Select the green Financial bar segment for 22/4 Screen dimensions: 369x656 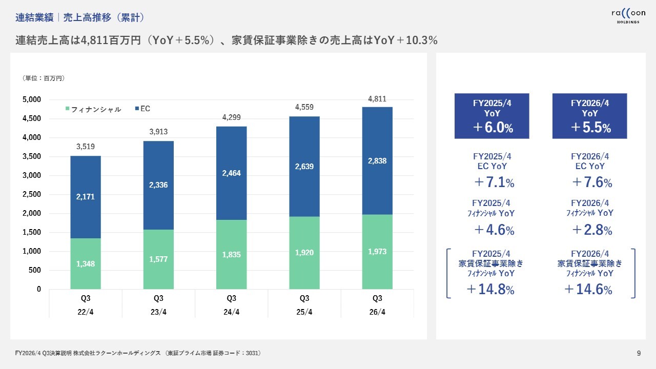86,263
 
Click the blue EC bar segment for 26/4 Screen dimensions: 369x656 377,160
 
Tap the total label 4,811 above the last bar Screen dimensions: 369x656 377,99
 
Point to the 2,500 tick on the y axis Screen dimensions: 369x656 31,194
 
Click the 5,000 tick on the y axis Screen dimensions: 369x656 31,99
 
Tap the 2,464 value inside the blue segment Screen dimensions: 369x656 231,173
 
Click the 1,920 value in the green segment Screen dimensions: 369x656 304,252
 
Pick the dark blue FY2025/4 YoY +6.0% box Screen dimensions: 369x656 491,116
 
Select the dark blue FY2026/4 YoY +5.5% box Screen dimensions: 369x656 589,116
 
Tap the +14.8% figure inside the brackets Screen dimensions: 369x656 490,290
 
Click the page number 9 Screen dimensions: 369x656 639,353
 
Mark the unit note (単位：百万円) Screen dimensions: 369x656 44,78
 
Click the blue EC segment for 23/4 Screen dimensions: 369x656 158,184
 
